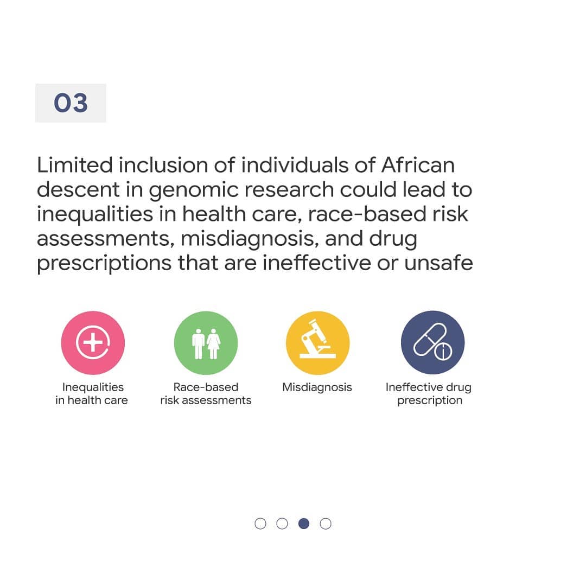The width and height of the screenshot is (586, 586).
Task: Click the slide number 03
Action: click(x=71, y=103)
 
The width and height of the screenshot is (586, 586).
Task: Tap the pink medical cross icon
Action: click(x=93, y=343)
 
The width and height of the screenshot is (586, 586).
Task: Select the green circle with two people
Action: click(x=206, y=343)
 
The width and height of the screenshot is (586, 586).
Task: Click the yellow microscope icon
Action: click(x=317, y=343)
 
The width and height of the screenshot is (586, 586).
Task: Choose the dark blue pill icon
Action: click(x=433, y=343)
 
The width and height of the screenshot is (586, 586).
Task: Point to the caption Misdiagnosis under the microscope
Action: click(x=317, y=387)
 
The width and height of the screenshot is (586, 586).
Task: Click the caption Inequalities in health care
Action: click(x=92, y=393)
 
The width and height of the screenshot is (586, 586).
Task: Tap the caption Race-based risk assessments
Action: click(x=206, y=393)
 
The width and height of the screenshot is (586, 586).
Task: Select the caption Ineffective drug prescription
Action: click(x=429, y=394)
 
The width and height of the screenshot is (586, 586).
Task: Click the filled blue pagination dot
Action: click(x=304, y=524)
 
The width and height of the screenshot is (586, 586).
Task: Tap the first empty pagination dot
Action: click(x=260, y=524)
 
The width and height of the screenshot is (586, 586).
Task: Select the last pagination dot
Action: click(x=326, y=524)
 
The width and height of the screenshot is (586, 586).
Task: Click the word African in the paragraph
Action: click(x=418, y=165)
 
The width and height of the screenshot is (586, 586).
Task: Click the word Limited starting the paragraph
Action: click(x=75, y=165)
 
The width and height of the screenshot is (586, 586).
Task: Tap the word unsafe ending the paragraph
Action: click(x=438, y=263)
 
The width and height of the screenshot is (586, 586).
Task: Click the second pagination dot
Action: click(x=282, y=524)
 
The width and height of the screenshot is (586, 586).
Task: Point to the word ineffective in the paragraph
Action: click(x=316, y=263)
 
